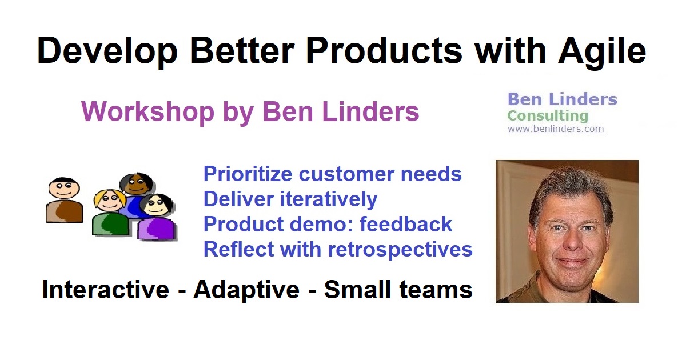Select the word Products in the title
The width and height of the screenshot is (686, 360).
384,50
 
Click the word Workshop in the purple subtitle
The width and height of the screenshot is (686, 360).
148,113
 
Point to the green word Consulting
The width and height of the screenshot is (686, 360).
548,116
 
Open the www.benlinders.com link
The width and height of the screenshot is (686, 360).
556,129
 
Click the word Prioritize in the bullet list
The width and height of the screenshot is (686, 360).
248,174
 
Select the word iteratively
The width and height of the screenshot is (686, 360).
329,199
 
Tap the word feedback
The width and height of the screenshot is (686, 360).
406,224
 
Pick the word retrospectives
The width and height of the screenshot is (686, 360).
400,250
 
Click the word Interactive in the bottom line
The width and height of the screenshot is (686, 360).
106,290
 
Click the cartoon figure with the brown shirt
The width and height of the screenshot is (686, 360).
64,200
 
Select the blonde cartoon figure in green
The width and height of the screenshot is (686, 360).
110,213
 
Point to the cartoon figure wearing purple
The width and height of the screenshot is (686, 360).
157,217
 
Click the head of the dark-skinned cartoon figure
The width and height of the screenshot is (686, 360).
137,183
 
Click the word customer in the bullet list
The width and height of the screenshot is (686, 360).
346,174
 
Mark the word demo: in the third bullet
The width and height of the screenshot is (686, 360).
321,224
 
